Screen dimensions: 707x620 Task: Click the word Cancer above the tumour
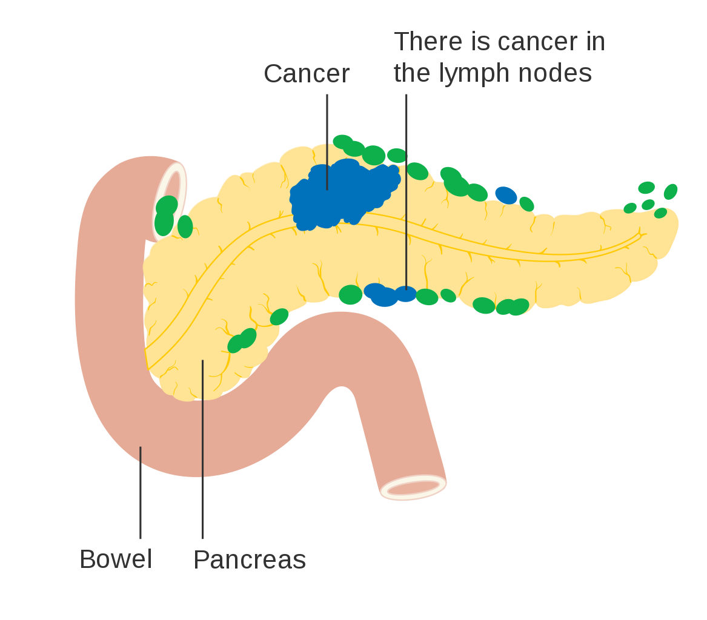(307, 74)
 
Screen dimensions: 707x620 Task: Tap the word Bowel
(116, 559)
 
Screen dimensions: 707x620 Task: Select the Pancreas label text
(250, 560)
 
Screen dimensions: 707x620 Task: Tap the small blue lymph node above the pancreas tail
(506, 195)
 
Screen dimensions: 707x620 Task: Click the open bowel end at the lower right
(414, 487)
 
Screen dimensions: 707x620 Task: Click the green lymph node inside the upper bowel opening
(165, 215)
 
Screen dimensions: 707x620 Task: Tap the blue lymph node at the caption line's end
(406, 294)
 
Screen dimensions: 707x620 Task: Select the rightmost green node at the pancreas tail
(670, 191)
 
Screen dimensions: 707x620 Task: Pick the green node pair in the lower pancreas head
(242, 340)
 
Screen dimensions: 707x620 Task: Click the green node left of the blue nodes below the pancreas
(350, 295)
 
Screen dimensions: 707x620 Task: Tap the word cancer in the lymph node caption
(531, 42)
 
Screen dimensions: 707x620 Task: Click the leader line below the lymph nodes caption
(407, 182)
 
